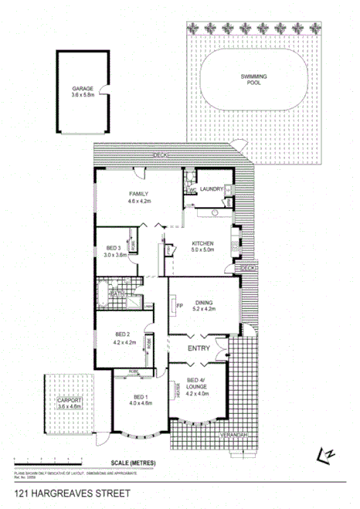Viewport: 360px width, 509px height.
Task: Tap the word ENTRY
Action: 200,349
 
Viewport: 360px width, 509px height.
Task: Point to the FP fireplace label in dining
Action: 179,307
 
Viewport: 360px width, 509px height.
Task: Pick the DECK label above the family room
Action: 160,155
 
